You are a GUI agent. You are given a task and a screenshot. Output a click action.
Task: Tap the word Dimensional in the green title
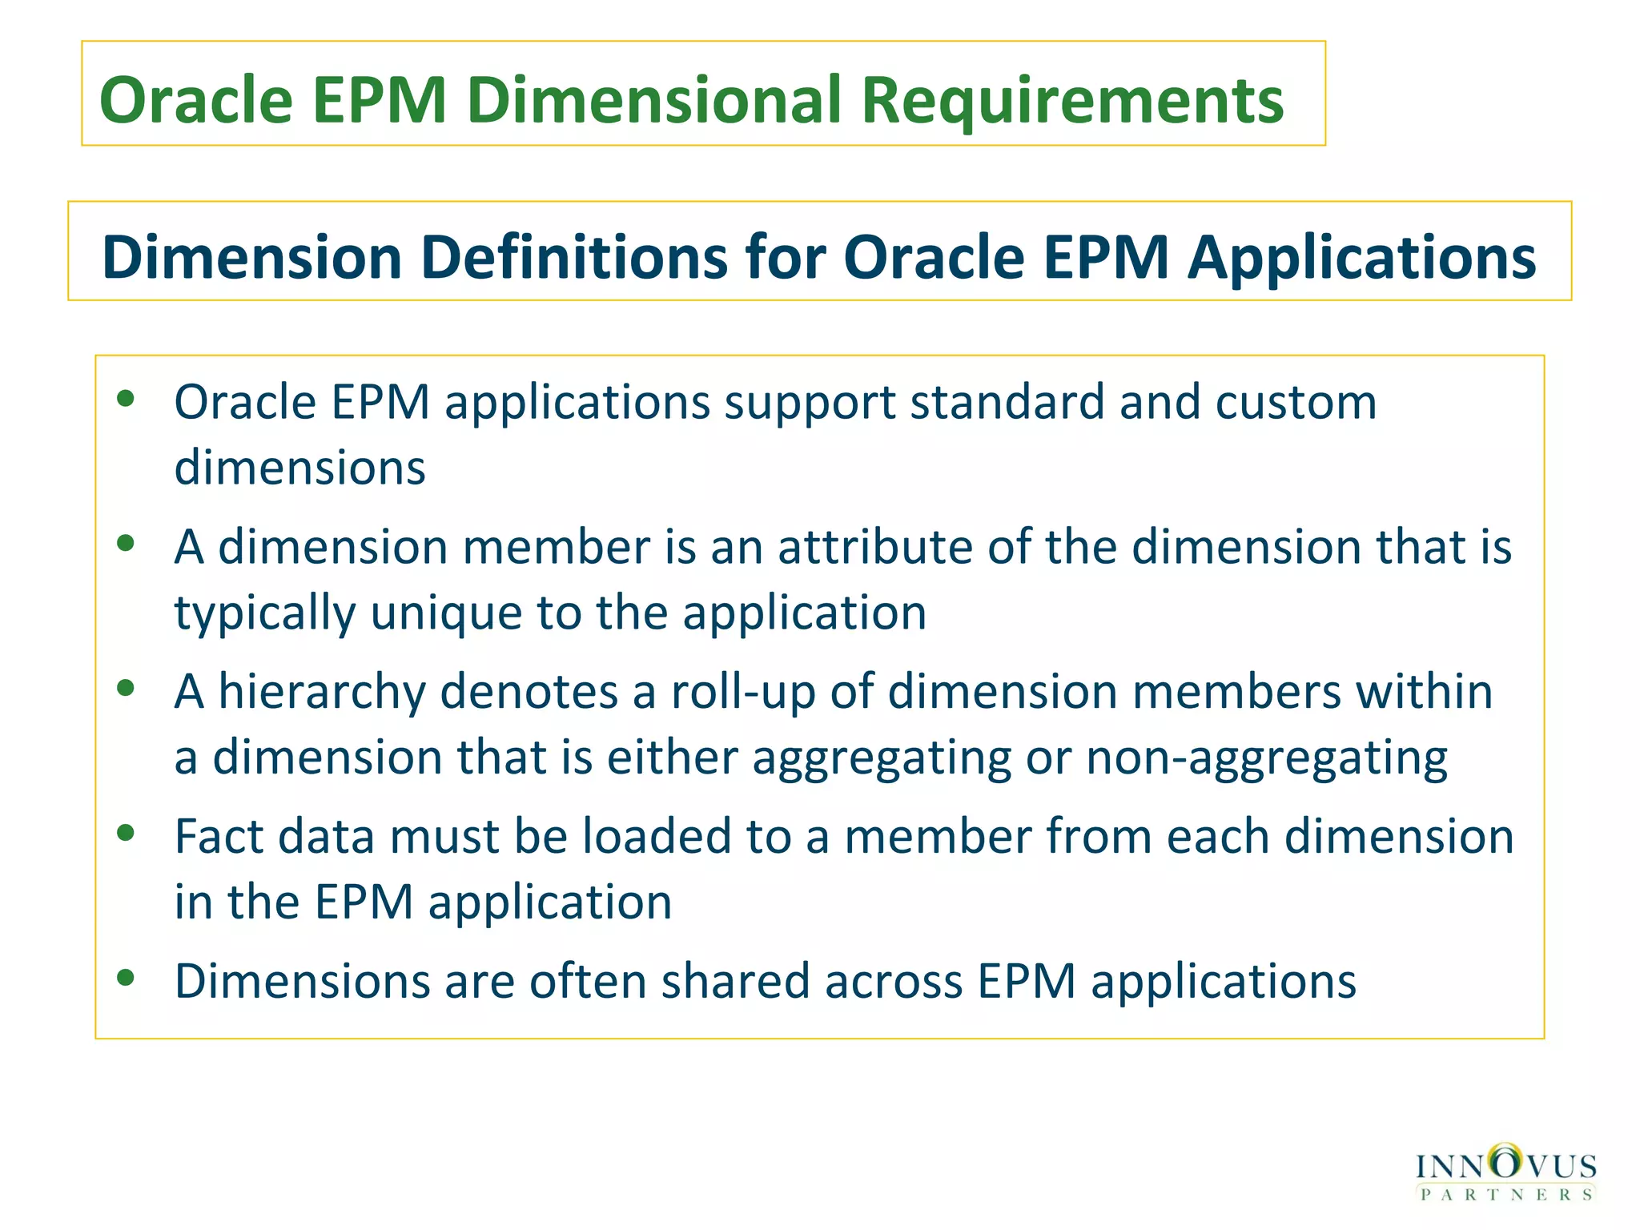pos(653,101)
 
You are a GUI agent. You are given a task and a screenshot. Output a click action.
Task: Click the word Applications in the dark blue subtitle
pos(1361,259)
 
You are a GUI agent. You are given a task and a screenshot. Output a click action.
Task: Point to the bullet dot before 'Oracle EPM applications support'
pos(126,398)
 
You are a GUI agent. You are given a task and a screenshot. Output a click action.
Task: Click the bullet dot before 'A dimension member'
pos(126,544)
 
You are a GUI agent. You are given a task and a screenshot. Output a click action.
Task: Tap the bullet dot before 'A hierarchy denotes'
pos(126,688)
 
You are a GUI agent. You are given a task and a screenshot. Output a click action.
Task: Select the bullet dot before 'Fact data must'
pos(126,833)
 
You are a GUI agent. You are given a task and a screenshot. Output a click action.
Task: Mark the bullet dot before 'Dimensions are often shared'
pos(126,978)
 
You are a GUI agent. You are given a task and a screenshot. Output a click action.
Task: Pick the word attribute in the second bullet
pos(875,547)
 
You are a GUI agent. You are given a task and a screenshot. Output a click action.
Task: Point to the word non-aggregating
pos(1267,758)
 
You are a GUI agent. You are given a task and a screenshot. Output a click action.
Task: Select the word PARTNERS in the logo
pos(1506,1194)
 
